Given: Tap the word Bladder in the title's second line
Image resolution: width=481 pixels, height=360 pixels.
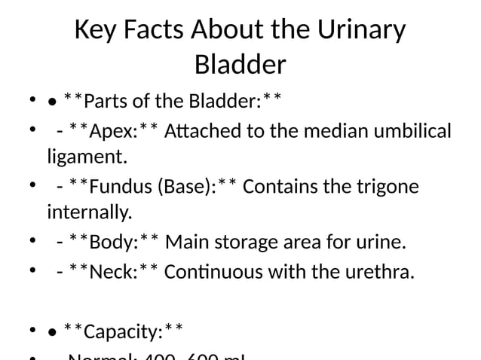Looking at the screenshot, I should [x=240, y=65].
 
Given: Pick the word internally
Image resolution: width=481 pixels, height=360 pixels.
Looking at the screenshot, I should [x=89, y=213].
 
